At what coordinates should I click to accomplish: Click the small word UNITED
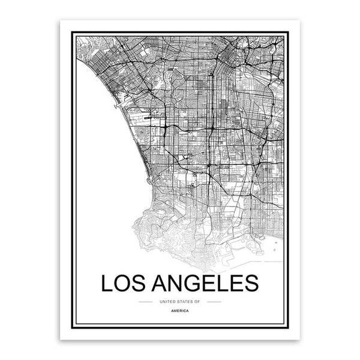coord(163,301)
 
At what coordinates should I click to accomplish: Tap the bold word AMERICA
coord(179,312)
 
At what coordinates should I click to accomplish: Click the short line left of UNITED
coord(145,301)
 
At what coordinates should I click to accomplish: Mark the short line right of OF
coord(214,301)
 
